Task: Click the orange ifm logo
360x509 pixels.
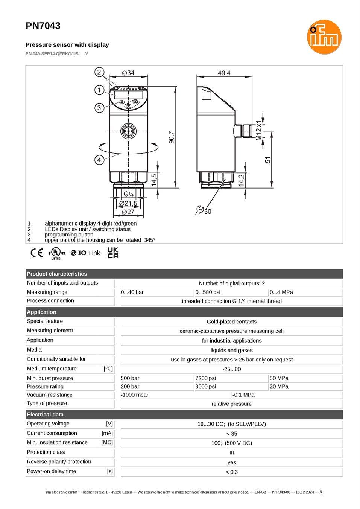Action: click(324, 37)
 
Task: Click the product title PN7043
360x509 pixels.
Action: click(43, 26)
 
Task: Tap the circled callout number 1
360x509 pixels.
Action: click(99, 90)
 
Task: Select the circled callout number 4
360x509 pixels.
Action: click(99, 160)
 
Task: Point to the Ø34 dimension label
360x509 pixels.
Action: click(128, 73)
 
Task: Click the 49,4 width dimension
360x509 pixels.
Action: click(224, 73)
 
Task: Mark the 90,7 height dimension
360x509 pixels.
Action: click(172, 137)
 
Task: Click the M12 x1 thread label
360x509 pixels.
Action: click(258, 131)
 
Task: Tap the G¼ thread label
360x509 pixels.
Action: click(128, 194)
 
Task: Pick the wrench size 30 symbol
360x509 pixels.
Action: click(204, 210)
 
